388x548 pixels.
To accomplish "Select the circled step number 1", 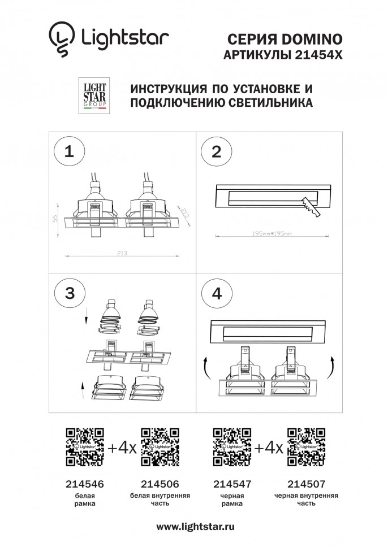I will (x=69, y=151).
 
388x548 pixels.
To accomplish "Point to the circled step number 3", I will (x=69, y=293).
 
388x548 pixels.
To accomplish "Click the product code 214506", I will (x=159, y=484).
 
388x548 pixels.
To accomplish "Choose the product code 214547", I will (x=232, y=484).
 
